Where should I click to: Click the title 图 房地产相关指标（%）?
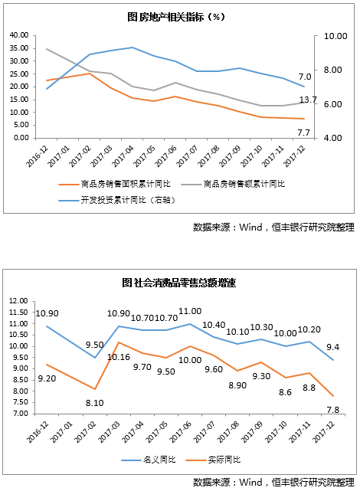tap(176, 17)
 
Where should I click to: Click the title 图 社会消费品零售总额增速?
tap(178, 283)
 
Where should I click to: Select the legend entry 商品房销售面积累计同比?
tap(115, 184)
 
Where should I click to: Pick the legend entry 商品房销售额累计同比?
tap(233, 184)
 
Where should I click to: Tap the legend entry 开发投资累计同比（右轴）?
tap(116, 200)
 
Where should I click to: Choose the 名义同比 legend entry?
tap(149, 460)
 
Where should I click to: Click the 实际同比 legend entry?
tap(213, 460)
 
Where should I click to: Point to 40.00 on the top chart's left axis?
tap(19, 35)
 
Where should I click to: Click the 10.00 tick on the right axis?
tap(335, 36)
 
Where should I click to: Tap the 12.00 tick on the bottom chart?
tap(18, 301)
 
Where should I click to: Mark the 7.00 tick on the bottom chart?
tap(20, 414)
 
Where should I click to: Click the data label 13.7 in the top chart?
tap(308, 100)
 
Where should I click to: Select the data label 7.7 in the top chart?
tap(303, 133)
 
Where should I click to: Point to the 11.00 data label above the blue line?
tap(190, 311)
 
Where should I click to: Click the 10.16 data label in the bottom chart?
tap(118, 357)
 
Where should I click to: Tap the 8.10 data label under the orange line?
tap(94, 403)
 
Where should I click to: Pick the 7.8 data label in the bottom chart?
tap(332, 410)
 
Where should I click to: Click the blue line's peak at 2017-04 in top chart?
tap(133, 47)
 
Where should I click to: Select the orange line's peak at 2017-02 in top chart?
tap(90, 74)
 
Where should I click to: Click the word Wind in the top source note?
tap(250, 227)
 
